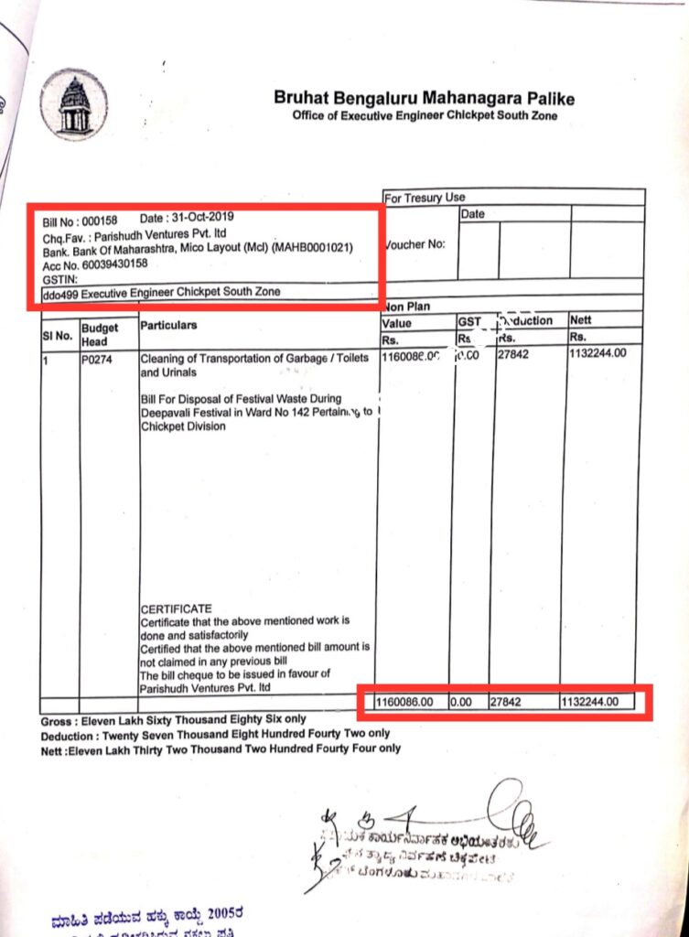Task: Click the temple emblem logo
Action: coord(74,104)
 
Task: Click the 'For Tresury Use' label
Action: coord(425,198)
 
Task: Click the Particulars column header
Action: coord(169,325)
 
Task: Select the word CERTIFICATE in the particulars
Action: coord(176,609)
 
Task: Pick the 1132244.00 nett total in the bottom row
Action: coord(590,702)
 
